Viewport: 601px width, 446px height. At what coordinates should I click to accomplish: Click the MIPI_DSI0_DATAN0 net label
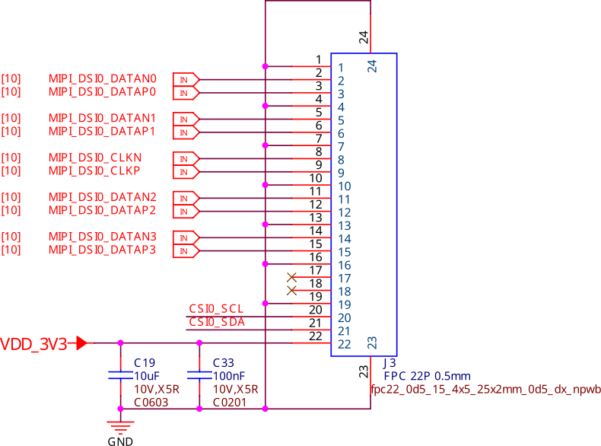(102, 78)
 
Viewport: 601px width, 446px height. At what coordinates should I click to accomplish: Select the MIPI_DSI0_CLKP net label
(94, 170)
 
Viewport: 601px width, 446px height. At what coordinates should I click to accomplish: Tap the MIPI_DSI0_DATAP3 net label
(102, 250)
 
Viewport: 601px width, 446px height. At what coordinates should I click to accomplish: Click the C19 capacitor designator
(144, 362)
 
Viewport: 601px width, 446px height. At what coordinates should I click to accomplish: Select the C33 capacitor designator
(223, 362)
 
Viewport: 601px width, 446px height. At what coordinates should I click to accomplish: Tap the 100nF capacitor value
(229, 376)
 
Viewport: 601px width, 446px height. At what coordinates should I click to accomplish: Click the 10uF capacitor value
(146, 376)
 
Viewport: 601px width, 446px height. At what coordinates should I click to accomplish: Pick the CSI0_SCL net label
(216, 309)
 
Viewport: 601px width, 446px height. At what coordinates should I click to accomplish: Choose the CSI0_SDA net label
(216, 323)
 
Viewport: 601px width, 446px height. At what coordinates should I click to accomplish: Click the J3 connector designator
(389, 363)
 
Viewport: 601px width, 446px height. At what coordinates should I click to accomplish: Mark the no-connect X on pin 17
(291, 278)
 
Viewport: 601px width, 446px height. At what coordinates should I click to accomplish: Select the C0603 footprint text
(151, 403)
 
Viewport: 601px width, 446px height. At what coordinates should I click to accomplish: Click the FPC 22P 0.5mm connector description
(427, 376)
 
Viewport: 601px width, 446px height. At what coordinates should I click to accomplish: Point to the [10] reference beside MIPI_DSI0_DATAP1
(11, 131)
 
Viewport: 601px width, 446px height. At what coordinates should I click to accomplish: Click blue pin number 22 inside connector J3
(344, 344)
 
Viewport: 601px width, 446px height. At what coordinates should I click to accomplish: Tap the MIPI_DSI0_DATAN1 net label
(102, 118)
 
